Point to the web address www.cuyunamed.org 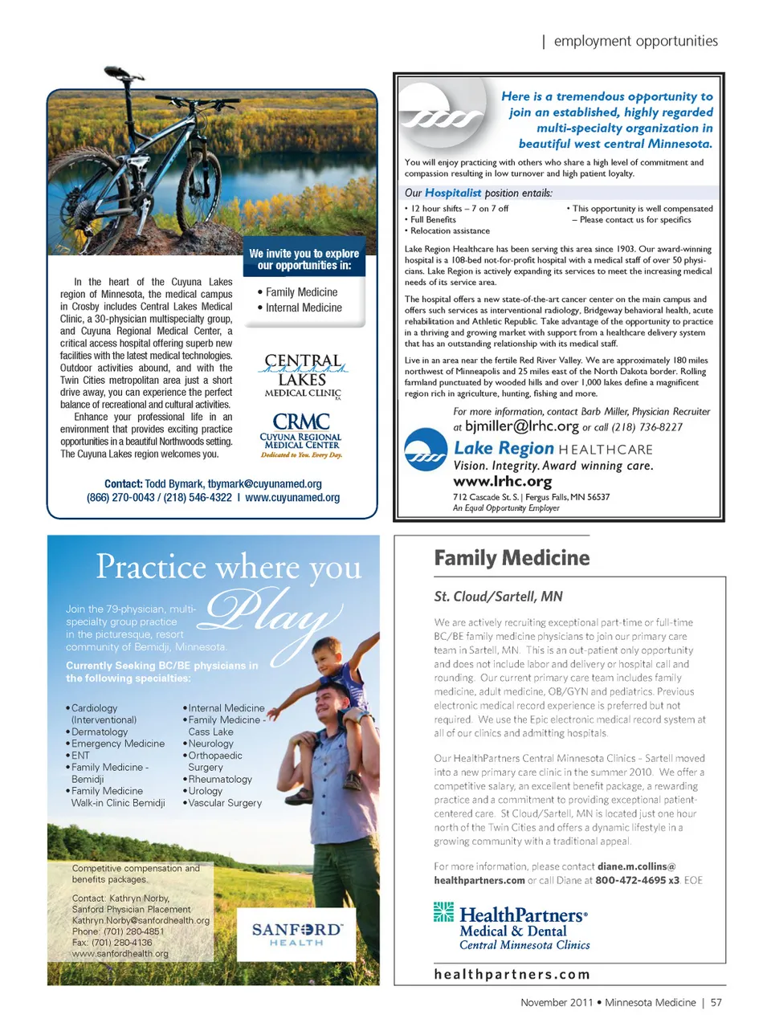coord(292,498)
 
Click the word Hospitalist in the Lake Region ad coord(453,193)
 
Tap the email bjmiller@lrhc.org coord(522,426)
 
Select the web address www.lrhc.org coord(503,482)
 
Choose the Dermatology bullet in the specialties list coord(99,731)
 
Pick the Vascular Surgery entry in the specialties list coord(225,802)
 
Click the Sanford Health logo coord(296,934)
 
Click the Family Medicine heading coord(512,558)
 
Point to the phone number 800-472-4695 coord(631,880)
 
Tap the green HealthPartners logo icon coord(443,912)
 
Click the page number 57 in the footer coord(716,1002)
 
